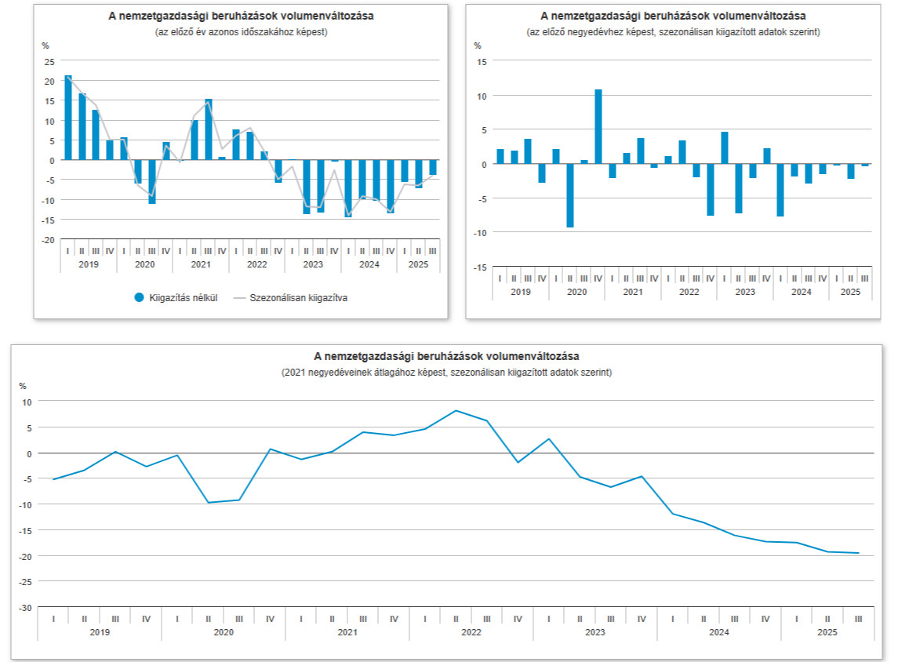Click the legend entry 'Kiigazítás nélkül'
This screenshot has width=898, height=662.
click(x=174, y=297)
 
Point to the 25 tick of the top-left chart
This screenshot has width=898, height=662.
click(x=49, y=61)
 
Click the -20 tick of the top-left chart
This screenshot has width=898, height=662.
click(x=49, y=240)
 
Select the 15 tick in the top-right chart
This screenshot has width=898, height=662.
click(x=482, y=61)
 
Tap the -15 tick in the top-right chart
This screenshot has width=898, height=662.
click(x=480, y=267)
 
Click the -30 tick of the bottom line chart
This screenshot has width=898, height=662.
click(x=26, y=608)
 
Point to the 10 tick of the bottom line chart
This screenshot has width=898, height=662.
click(x=27, y=402)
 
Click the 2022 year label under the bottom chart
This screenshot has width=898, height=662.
click(x=471, y=631)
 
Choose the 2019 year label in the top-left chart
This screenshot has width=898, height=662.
click(x=89, y=264)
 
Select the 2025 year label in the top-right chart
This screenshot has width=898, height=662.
click(x=850, y=292)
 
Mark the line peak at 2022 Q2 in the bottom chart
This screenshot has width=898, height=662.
click(x=456, y=410)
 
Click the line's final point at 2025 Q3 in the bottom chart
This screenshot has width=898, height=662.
click(x=858, y=553)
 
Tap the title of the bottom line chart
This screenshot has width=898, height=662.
click(x=447, y=357)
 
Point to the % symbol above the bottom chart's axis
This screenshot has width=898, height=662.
click(x=24, y=385)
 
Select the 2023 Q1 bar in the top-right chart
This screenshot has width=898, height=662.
click(x=725, y=148)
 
